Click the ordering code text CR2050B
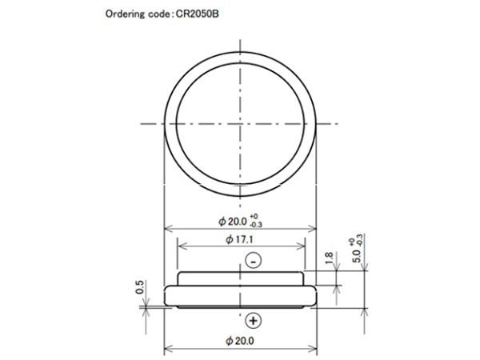click(x=198, y=14)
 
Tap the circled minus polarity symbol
click(x=254, y=261)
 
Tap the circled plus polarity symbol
click(x=254, y=321)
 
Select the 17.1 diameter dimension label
click(x=239, y=239)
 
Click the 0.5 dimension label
click(x=139, y=287)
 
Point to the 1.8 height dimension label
click(x=329, y=258)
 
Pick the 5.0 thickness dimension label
click(x=356, y=256)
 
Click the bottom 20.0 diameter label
click(x=240, y=341)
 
